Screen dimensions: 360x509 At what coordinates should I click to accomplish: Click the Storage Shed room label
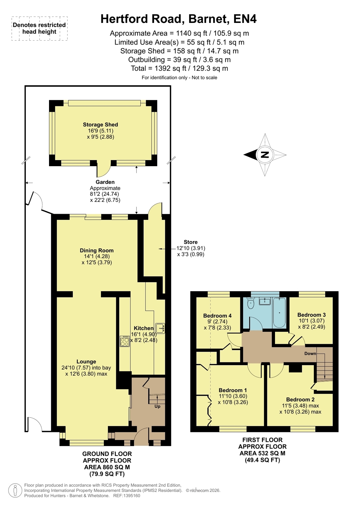100,124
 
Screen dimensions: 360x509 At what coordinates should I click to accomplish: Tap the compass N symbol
265,155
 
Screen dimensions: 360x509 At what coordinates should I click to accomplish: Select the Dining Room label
96,251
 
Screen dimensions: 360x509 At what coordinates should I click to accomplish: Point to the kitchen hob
125,341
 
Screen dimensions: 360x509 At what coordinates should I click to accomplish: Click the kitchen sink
160,328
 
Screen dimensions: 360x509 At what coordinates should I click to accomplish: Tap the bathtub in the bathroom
279,313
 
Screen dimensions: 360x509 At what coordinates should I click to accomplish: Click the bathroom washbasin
265,301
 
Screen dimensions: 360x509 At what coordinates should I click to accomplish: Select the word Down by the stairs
310,353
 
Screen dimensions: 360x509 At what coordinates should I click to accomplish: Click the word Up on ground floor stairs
157,406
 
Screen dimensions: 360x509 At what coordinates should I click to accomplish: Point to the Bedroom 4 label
217,316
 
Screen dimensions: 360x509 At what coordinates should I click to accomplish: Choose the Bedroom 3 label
311,315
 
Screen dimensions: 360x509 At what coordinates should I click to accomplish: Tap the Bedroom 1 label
233,390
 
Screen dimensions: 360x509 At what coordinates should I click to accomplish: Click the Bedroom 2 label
300,399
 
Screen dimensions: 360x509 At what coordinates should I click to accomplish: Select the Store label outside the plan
190,242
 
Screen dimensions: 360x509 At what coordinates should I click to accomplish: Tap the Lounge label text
86,362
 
